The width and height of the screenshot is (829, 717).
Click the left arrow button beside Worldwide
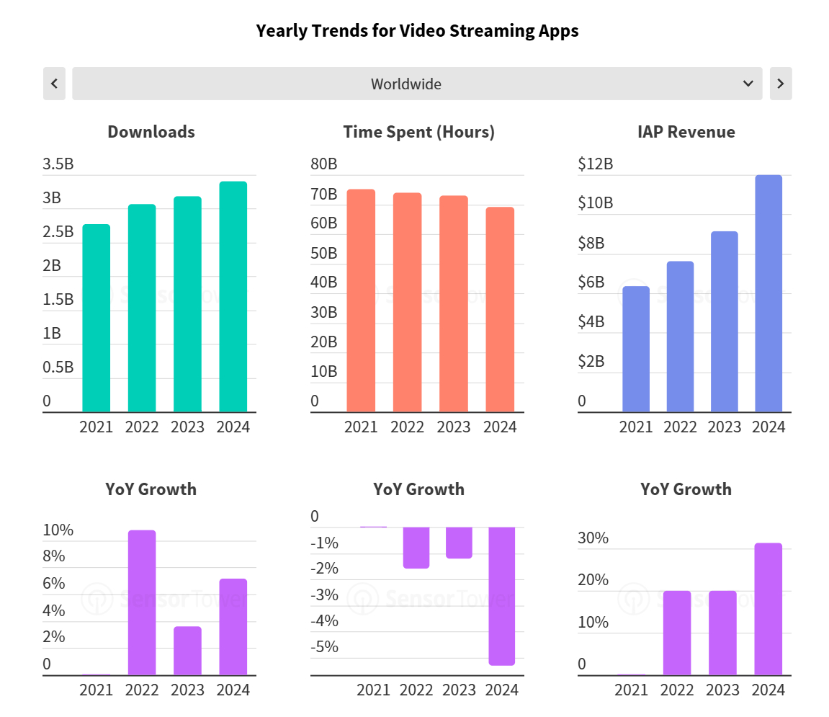pos(54,84)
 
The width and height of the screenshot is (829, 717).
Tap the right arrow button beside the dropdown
pos(781,84)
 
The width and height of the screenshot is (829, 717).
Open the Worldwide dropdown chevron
pos(748,84)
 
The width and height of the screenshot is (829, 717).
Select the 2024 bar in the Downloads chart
pos(233,297)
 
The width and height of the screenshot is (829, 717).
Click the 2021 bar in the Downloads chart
pos(97,318)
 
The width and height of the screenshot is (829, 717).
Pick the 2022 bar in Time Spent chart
pos(408,303)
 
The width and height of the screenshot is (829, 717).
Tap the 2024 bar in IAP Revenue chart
pos(768,293)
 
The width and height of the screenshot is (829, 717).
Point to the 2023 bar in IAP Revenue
pos(724,321)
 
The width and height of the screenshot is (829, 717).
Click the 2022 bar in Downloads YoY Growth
pos(142,602)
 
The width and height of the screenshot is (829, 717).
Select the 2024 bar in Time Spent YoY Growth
pos(501,596)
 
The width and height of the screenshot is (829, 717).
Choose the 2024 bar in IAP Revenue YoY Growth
pos(768,609)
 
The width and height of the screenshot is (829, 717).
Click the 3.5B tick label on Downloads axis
pos(58,164)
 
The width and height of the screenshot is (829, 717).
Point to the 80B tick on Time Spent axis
pos(324,164)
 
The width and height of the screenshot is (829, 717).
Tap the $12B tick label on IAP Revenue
pos(596,164)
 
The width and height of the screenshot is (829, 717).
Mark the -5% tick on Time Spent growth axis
pos(325,646)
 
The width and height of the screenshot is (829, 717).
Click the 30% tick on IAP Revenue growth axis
pos(593,538)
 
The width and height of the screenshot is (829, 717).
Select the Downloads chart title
pos(151,132)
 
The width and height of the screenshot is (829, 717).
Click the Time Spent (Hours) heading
pos(418,132)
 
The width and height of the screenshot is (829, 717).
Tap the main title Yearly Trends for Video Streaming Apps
pos(417,31)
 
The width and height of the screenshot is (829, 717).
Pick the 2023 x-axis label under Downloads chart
pos(187,427)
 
